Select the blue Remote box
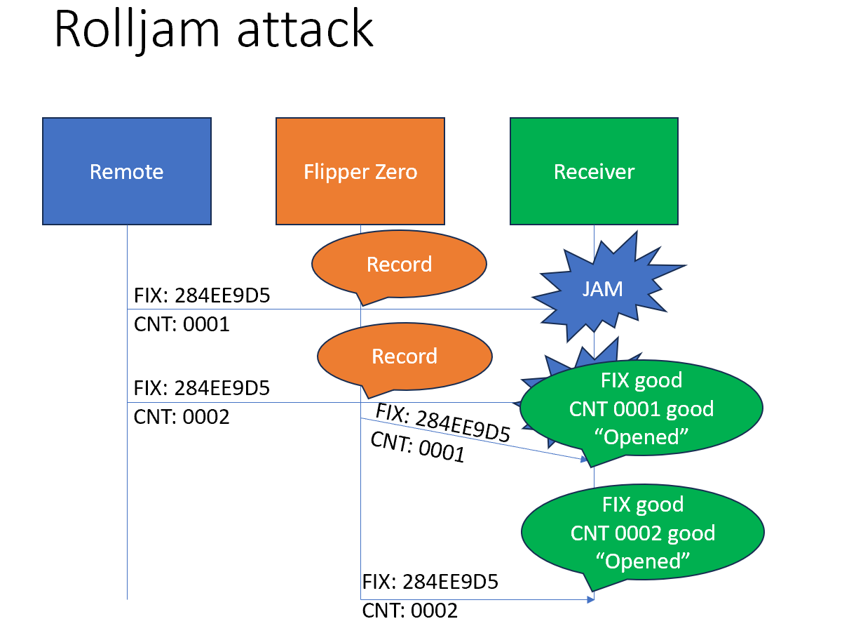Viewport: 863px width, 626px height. [x=127, y=171]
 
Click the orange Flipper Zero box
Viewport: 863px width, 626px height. [x=360, y=171]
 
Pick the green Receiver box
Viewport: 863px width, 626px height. [x=594, y=171]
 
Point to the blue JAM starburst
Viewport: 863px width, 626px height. [x=602, y=288]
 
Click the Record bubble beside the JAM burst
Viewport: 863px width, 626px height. [x=399, y=265]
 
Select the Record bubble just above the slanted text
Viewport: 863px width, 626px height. [x=405, y=357]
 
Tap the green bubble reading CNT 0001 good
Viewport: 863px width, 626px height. [x=641, y=409]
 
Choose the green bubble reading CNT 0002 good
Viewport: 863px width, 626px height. [x=643, y=533]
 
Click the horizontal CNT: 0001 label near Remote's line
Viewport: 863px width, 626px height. [x=182, y=325]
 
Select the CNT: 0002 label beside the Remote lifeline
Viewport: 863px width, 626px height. [x=182, y=417]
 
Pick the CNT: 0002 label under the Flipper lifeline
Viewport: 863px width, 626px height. [x=410, y=611]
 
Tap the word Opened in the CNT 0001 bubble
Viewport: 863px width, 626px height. [x=641, y=437]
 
